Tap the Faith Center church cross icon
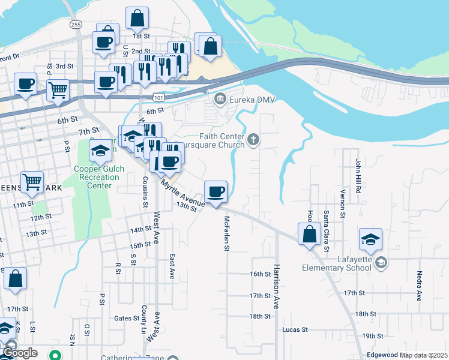pyautogui.click(x=254, y=140)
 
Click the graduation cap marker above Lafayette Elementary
pyautogui.click(x=371, y=239)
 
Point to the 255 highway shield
pyautogui.click(x=76, y=24)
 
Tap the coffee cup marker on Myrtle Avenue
pyautogui.click(x=215, y=192)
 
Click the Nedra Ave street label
pyautogui.click(x=419, y=286)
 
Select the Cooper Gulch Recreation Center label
pyautogui.click(x=100, y=177)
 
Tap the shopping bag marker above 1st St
pyautogui.click(x=137, y=18)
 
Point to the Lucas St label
pyautogui.click(x=295, y=329)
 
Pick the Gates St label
pyautogui.click(x=126, y=318)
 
